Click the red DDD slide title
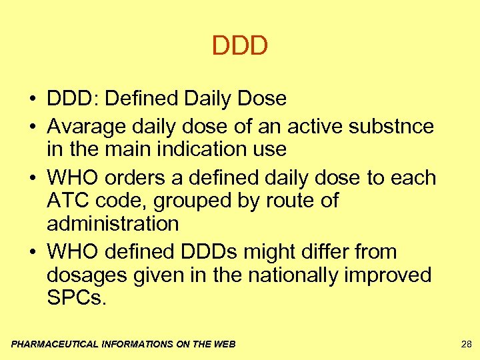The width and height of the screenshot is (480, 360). (x=240, y=46)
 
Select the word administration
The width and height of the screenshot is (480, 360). (x=113, y=223)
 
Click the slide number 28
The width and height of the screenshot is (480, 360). (x=466, y=344)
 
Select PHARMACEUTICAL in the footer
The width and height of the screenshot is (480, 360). (x=55, y=345)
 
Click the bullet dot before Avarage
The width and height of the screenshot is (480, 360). (x=31, y=126)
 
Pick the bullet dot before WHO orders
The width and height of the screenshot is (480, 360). (x=31, y=178)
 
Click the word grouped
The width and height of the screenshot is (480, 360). (x=175, y=201)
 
